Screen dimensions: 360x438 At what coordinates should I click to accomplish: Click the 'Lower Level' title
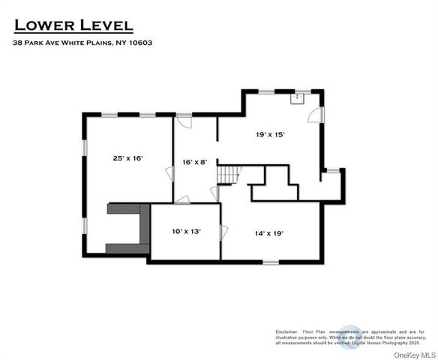click(x=73, y=25)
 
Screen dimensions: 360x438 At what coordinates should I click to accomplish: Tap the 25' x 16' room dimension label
click(x=127, y=158)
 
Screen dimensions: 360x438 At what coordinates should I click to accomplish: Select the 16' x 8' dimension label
click(x=196, y=162)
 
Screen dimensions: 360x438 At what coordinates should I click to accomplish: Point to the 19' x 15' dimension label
click(x=271, y=134)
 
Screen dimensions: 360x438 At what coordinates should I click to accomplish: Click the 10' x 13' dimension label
click(x=186, y=232)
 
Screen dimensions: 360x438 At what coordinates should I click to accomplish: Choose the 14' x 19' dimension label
click(x=268, y=232)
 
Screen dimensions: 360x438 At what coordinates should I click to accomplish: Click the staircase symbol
click(x=228, y=174)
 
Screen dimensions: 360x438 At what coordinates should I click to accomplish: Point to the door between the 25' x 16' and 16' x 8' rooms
click(x=170, y=173)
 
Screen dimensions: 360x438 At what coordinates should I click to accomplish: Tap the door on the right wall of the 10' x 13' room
click(x=223, y=232)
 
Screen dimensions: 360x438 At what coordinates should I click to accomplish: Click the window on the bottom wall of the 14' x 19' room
click(x=270, y=261)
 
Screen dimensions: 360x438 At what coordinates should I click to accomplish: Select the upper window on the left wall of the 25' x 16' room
click(x=85, y=145)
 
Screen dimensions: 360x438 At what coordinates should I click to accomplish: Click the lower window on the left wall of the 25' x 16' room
click(x=85, y=225)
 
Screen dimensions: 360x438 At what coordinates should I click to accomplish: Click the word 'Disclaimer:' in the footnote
click(x=286, y=331)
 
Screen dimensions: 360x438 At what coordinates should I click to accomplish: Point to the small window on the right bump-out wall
click(x=331, y=170)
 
